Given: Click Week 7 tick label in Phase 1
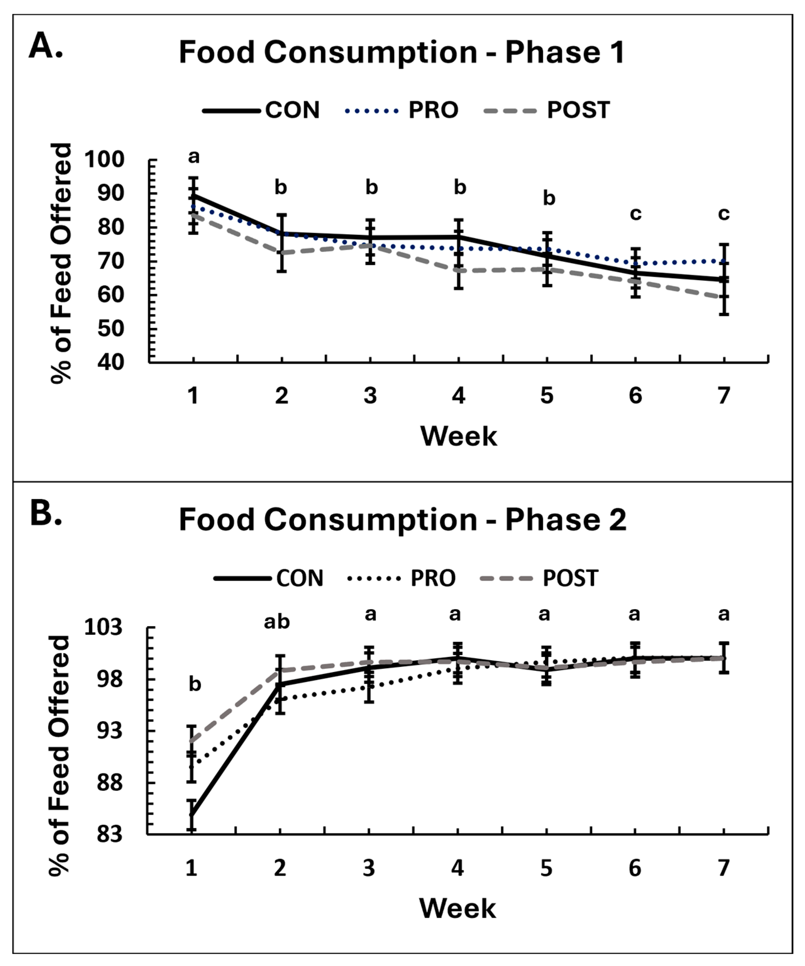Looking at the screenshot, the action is pos(723,395).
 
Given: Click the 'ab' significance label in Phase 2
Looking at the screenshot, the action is pos(277,622).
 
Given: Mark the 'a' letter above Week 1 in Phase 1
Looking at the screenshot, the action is pos(194,157).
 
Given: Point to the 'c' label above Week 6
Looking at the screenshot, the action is pos(635,214).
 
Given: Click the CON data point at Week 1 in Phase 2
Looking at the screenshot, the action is pos(192,815).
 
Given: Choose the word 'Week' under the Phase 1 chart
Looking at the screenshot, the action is pos(459,436).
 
